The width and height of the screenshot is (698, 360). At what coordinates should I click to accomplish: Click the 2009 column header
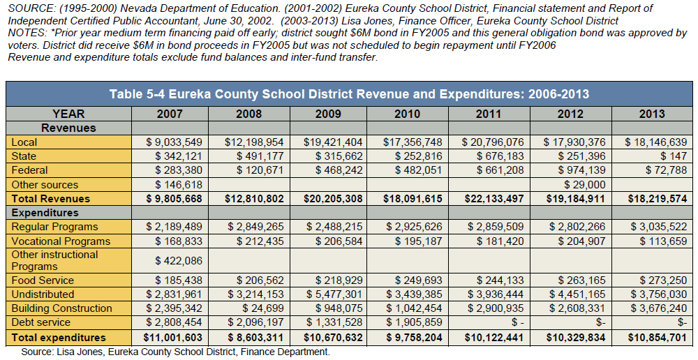[x=328, y=114]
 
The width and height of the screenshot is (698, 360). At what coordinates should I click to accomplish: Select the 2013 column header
[x=652, y=114]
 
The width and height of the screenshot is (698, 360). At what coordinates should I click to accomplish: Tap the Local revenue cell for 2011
[x=492, y=142]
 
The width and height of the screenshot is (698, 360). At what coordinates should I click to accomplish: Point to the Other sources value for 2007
[x=179, y=185]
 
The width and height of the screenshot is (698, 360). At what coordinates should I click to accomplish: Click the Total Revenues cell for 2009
[x=333, y=199]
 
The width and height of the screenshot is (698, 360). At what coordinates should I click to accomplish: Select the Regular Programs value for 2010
[x=413, y=227]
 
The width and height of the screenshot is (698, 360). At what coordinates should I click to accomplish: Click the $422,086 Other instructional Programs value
[x=179, y=261]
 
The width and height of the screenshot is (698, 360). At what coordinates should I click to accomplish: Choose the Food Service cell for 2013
[x=663, y=280]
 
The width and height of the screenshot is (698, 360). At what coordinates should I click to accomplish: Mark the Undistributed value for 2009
[x=334, y=294]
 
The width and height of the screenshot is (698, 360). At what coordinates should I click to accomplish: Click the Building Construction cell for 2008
[x=265, y=308]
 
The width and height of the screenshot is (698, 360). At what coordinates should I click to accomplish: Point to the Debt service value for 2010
[x=413, y=322]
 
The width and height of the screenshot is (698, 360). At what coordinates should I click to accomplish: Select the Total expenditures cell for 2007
[x=172, y=338]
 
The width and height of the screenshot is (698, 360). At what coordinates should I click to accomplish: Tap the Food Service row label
[x=43, y=280]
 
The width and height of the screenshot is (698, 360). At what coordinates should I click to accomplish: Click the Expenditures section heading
[x=45, y=213]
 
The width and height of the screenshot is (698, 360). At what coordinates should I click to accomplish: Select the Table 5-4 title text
[x=350, y=94]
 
